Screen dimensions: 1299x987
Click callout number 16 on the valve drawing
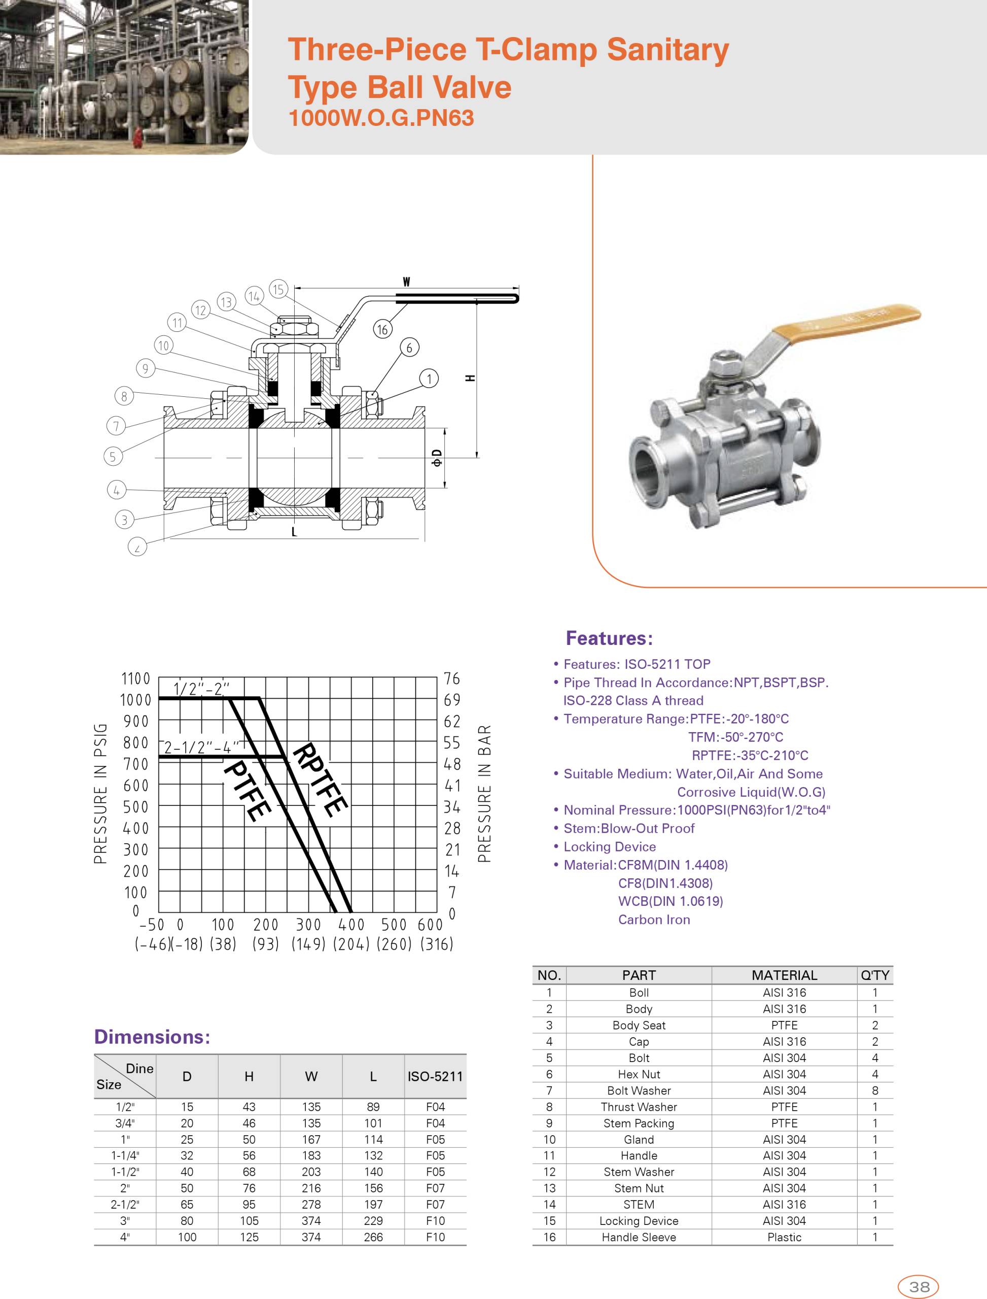pos(382,329)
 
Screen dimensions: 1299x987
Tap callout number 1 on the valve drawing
pos(429,379)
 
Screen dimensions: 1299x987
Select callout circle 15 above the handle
pos(278,289)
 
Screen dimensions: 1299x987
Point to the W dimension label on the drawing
pos(406,282)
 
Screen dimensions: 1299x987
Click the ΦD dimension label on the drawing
pos(437,458)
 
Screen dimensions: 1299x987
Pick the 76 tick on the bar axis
pos(452,679)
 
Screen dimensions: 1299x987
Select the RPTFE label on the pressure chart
pos(321,779)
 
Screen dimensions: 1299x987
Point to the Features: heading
pos(609,638)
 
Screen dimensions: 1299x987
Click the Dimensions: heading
pos(152,1036)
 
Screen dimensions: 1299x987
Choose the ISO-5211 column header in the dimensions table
pos(435,1076)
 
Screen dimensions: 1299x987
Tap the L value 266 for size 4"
pos(373,1237)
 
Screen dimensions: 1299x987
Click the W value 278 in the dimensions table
pos(311,1205)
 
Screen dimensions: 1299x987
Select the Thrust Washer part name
pos(639,1107)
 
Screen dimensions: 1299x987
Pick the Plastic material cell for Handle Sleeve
pos(784,1237)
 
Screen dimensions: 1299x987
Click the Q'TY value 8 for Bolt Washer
pos(875,1090)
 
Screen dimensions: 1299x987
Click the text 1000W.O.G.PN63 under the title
pos(381,118)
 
